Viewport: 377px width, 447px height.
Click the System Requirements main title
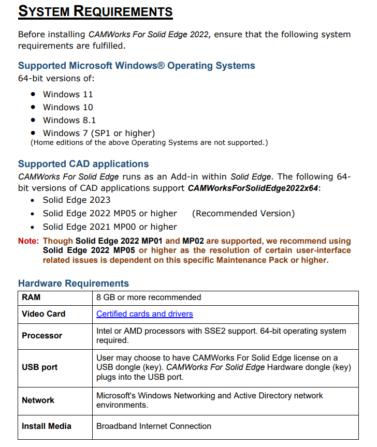click(x=95, y=11)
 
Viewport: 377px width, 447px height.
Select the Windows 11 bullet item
click(x=68, y=94)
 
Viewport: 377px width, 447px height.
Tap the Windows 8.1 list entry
click(x=69, y=120)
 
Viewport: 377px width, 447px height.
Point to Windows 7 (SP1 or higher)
click(x=98, y=133)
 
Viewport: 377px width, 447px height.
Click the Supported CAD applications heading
click(x=83, y=164)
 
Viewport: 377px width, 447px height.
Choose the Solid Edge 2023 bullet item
click(x=77, y=200)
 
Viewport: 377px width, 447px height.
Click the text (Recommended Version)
click(x=243, y=213)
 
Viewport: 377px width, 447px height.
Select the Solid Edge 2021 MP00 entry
click(x=110, y=227)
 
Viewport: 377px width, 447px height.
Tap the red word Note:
click(x=28, y=241)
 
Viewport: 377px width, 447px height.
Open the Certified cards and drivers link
click(x=144, y=314)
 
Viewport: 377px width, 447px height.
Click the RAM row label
click(x=31, y=297)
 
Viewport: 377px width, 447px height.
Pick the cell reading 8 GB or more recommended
click(x=149, y=297)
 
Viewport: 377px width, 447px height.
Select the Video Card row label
click(x=44, y=314)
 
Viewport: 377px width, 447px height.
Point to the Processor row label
click(x=42, y=336)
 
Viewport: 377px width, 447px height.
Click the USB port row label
click(x=39, y=367)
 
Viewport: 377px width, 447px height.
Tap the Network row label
click(x=38, y=400)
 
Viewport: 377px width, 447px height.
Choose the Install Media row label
click(x=47, y=426)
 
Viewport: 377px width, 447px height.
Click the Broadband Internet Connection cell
click(x=154, y=426)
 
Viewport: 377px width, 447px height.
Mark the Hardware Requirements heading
click(x=74, y=284)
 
